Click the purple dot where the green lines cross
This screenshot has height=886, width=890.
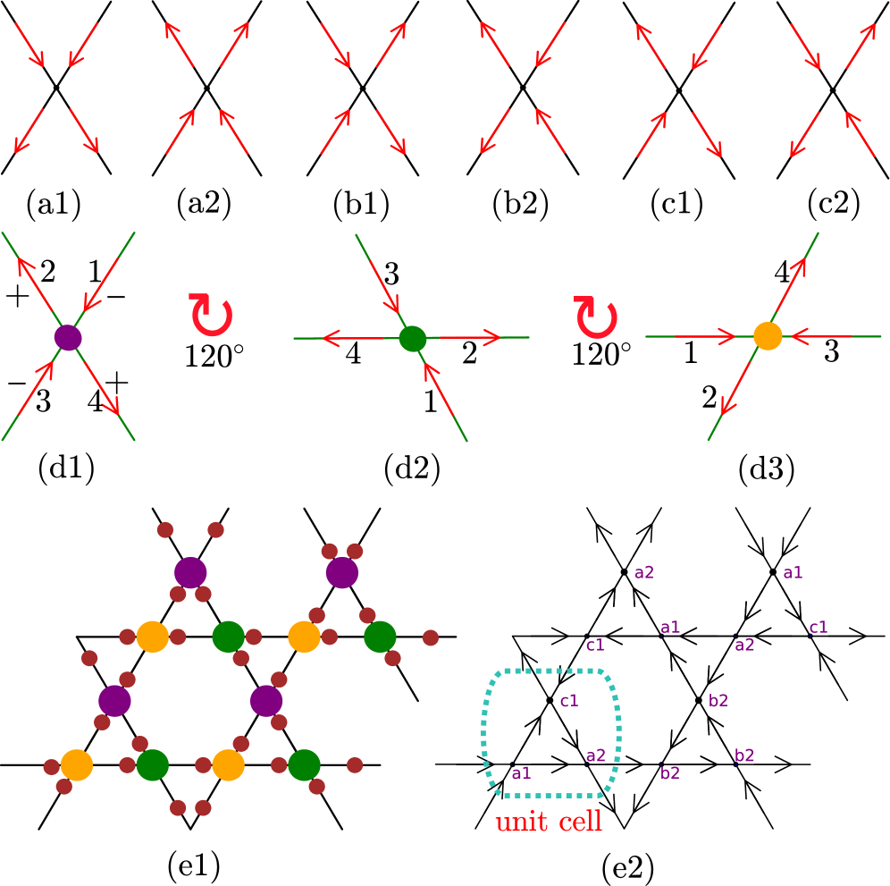tap(68, 338)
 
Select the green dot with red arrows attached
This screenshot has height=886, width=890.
tap(412, 338)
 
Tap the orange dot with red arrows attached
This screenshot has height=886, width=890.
tap(768, 336)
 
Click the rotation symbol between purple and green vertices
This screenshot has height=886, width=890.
tap(211, 315)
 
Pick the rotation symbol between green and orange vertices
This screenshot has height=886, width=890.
tap(596, 317)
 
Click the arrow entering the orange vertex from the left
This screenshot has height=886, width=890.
tap(706, 336)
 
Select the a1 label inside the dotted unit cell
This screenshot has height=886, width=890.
tap(521, 773)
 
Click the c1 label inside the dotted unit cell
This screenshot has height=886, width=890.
tap(569, 701)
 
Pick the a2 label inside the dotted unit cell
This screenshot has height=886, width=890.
tap(595, 755)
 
